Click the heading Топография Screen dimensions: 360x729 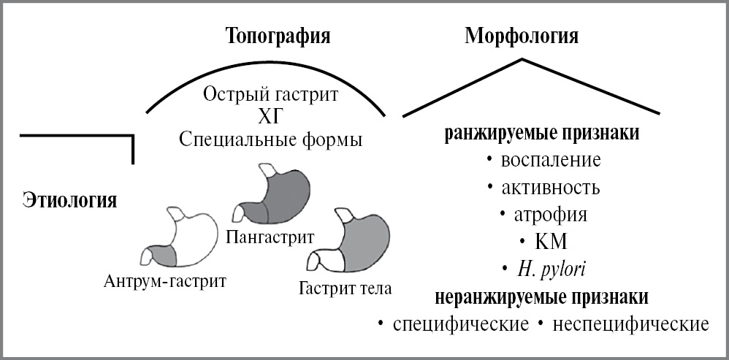[277, 37]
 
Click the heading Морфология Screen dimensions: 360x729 [522, 37]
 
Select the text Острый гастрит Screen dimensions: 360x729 [270, 95]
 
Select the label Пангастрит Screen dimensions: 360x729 [270, 237]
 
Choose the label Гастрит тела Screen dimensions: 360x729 [346, 287]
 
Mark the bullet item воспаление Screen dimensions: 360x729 [551, 160]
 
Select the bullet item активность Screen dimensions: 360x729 [551, 187]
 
